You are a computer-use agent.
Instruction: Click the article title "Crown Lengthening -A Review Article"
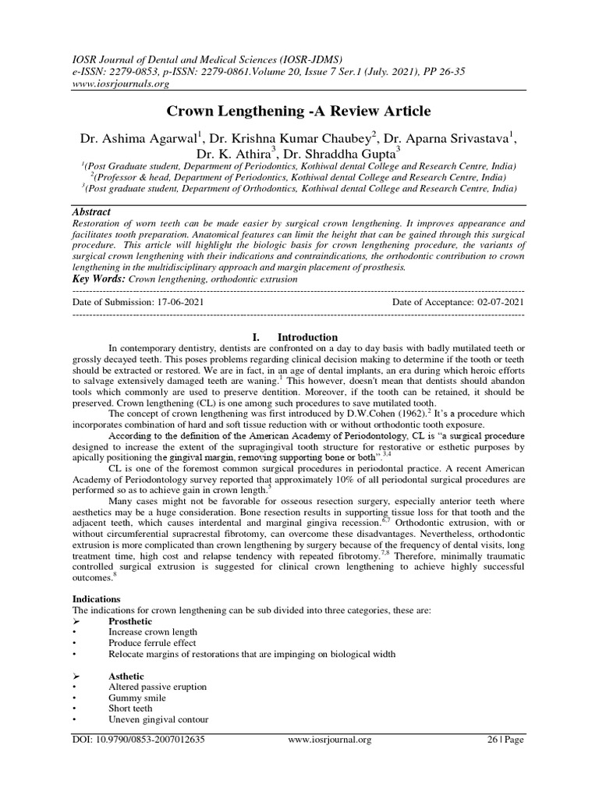tap(299, 112)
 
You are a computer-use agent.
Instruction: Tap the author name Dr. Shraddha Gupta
tap(353, 154)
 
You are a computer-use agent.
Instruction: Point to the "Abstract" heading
tap(90, 212)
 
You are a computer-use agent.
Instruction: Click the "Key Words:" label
tap(98, 278)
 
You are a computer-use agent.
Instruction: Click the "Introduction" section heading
tap(307, 337)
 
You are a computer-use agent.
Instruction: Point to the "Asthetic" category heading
tap(126, 676)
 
